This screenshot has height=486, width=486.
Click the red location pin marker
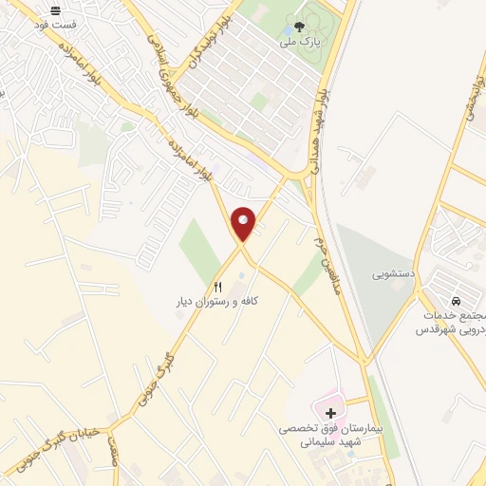(x=244, y=222)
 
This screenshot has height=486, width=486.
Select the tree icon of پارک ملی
(x=300, y=28)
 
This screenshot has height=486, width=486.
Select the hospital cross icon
(x=330, y=413)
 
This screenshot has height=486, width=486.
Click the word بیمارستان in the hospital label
(x=360, y=429)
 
